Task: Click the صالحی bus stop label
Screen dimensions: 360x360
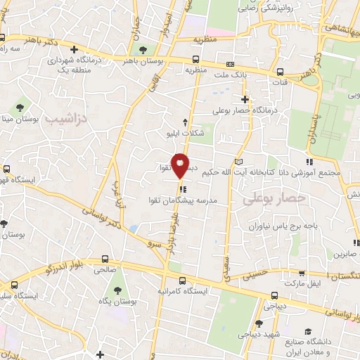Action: coord(105,269)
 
